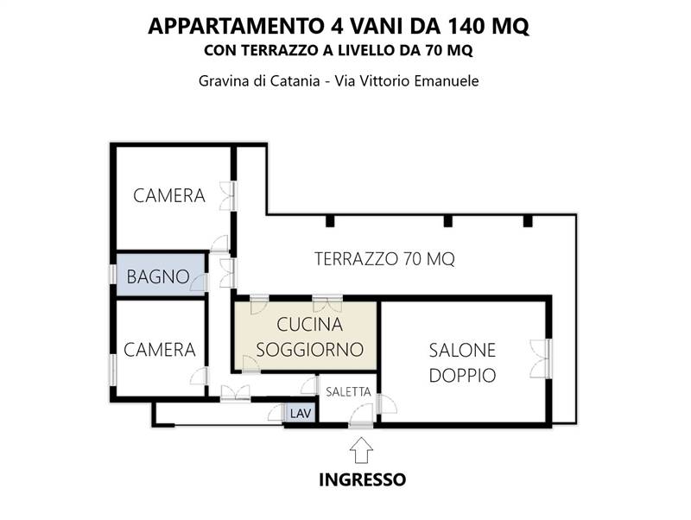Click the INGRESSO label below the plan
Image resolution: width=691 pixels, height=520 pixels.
[x=362, y=479]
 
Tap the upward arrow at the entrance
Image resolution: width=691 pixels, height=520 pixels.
[x=362, y=449]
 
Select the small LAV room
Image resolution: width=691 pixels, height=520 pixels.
[x=301, y=413]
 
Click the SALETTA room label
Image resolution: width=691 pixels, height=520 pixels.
[x=348, y=391]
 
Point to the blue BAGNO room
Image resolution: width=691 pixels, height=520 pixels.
[x=159, y=276]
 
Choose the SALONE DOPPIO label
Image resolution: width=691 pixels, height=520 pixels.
[x=462, y=363]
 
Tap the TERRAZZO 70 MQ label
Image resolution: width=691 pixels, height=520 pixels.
[x=384, y=257]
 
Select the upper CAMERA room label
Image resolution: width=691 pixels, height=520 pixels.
[x=169, y=196]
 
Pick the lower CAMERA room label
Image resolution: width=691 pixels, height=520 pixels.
[x=160, y=350]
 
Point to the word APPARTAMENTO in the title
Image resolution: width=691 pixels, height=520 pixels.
[x=231, y=26]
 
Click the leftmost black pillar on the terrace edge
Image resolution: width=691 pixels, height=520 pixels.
[x=330, y=222]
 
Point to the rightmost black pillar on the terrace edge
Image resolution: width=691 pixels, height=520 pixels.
[x=525, y=222]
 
